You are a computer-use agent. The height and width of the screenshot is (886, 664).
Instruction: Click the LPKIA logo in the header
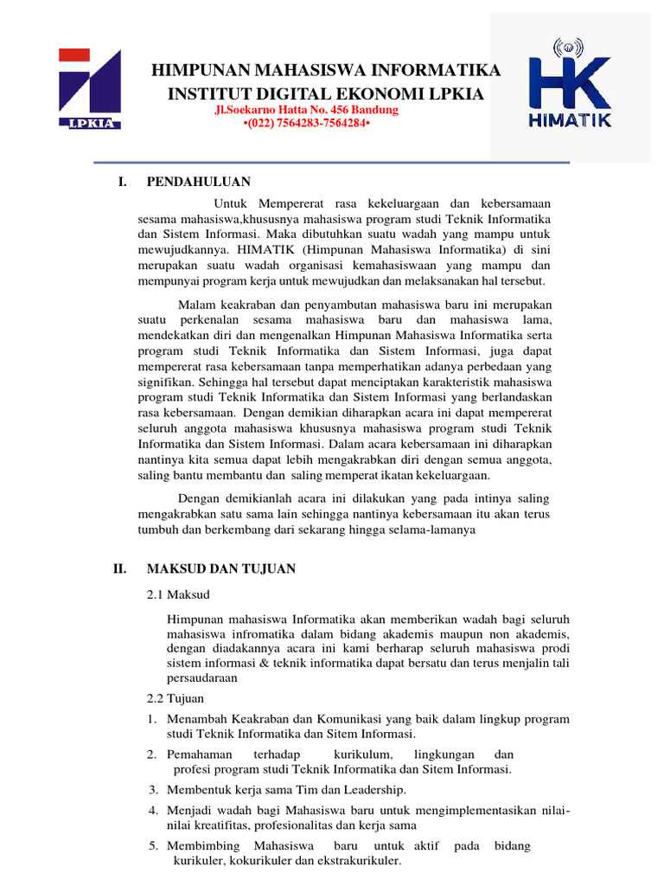pos(90,88)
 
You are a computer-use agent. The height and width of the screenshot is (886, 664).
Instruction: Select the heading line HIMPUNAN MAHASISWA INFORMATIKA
pos(326,70)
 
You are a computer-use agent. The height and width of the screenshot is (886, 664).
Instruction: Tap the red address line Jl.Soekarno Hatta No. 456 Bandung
pos(306,111)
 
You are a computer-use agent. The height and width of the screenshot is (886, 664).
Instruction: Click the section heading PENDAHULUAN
pos(199,182)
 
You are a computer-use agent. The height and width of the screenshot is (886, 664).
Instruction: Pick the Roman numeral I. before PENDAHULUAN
pos(122,182)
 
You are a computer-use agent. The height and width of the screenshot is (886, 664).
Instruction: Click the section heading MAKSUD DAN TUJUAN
pos(221,568)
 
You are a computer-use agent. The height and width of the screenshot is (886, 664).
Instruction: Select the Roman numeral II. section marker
pos(121,568)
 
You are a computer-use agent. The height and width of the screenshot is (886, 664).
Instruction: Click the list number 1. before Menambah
pos(150,719)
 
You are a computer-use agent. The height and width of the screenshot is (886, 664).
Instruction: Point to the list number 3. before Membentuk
pos(152,790)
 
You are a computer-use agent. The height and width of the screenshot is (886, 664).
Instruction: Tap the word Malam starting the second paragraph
pos(196,305)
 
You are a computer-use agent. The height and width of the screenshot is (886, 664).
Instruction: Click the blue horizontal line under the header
pos(332,163)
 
